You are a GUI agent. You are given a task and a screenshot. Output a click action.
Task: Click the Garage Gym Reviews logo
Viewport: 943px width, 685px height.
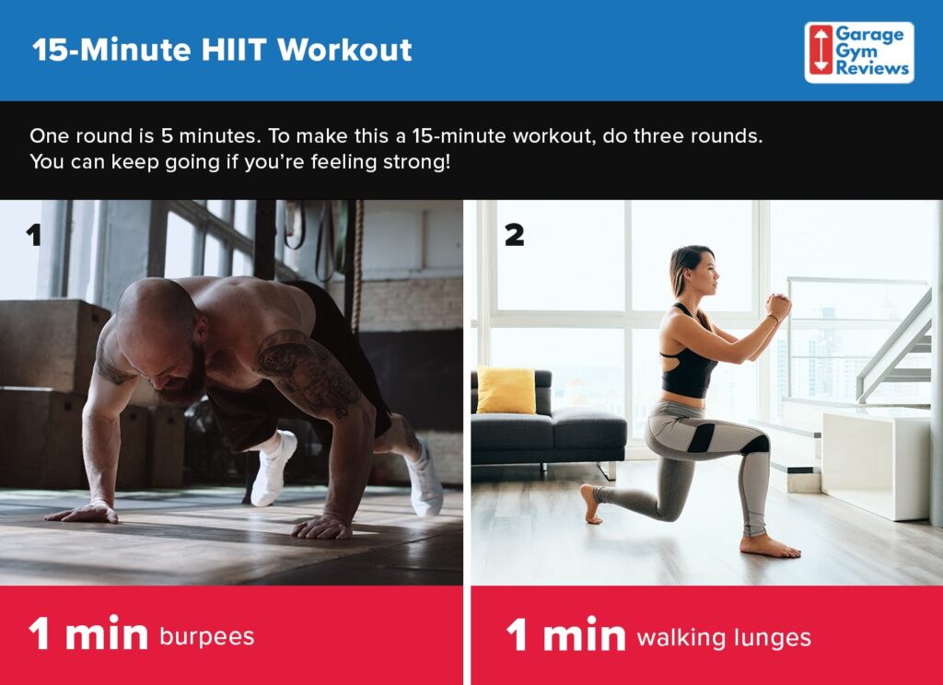pyautogui.click(x=858, y=52)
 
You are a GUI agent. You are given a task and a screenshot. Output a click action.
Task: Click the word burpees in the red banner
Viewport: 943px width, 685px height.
pyautogui.click(x=206, y=636)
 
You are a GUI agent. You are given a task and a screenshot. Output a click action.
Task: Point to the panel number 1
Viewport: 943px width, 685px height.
pyautogui.click(x=34, y=237)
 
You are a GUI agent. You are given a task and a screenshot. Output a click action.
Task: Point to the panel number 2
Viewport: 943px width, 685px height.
pyautogui.click(x=514, y=236)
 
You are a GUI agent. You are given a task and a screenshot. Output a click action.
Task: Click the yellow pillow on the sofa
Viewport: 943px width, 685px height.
pyautogui.click(x=506, y=389)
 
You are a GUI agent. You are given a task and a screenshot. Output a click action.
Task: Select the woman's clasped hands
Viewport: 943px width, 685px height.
pyautogui.click(x=778, y=307)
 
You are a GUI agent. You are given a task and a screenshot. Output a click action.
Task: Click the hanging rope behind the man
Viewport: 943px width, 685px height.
pyautogui.click(x=357, y=267)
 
